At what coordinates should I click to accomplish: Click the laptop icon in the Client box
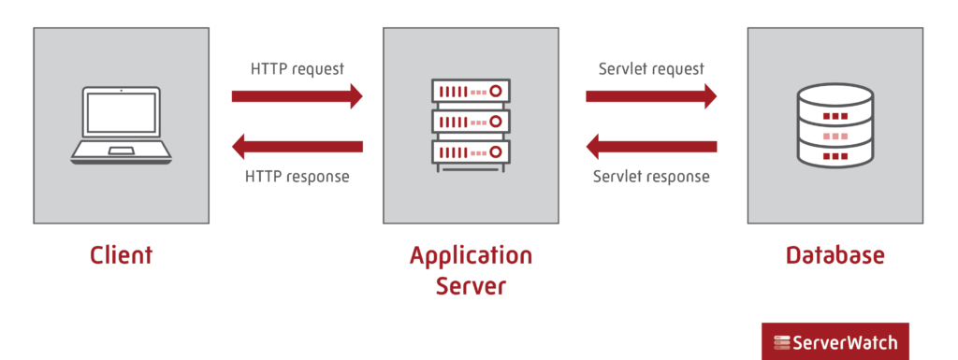pos(121,126)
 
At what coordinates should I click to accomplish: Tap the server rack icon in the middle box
pos(472,122)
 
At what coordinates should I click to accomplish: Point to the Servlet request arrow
pos(651,95)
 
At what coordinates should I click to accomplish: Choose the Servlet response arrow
pos(651,146)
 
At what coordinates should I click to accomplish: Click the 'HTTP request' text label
pos(298,69)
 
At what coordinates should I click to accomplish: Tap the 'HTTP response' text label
pos(297,176)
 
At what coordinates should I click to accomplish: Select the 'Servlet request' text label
pos(651,69)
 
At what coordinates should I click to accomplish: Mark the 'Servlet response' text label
pos(651,176)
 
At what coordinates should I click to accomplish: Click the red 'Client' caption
pos(121,254)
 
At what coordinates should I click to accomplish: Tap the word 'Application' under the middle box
pos(471,255)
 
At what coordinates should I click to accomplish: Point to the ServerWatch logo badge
pos(835,342)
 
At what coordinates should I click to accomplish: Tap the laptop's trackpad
pos(121,150)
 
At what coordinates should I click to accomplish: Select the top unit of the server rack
pos(472,93)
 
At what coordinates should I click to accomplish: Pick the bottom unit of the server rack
pos(472,151)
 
